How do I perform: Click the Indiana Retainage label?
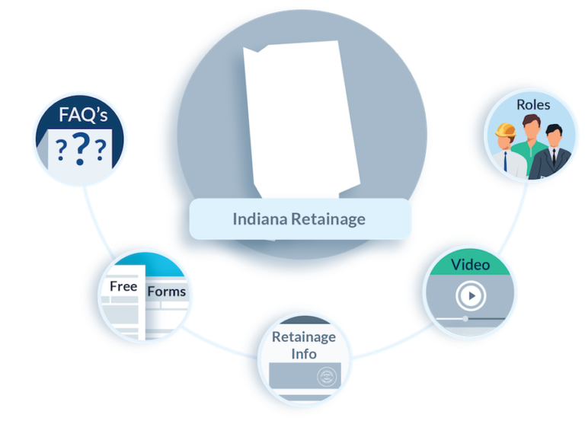tap(299, 219)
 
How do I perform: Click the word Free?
tap(123, 286)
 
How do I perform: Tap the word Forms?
tap(166, 291)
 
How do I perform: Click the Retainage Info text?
tap(303, 345)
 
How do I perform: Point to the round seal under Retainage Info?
tap(327, 376)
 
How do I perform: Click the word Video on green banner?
tap(471, 265)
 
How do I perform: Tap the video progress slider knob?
tap(465, 318)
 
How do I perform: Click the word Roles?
tap(532, 104)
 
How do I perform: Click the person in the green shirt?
tap(531, 145)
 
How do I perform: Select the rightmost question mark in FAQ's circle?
tap(100, 150)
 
